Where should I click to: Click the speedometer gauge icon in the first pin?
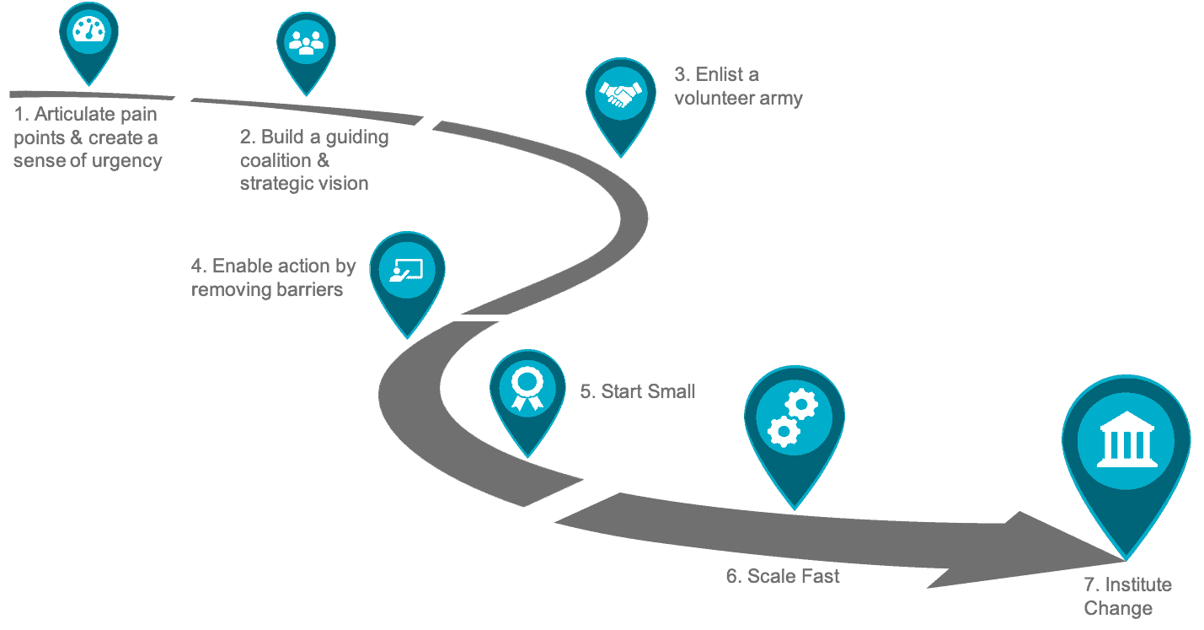(88, 30)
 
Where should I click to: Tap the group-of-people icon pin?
(306, 53)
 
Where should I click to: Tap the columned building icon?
(1126, 439)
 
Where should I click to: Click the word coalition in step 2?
(276, 160)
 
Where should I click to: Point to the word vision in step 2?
(342, 184)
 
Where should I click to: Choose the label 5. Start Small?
(638, 391)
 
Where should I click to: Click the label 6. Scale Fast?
(783, 576)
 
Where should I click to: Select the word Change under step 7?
(1118, 608)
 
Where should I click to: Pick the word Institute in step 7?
(1138, 584)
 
